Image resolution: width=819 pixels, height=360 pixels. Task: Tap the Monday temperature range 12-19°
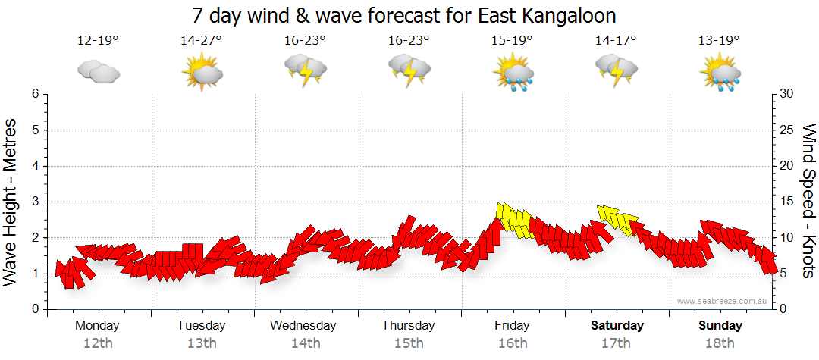click(98, 41)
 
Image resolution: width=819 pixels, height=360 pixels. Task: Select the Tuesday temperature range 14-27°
click(201, 41)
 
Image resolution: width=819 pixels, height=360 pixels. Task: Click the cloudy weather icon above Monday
click(98, 71)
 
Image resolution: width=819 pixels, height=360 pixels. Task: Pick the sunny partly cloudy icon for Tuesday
click(201, 73)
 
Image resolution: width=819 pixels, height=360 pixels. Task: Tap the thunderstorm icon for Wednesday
click(305, 71)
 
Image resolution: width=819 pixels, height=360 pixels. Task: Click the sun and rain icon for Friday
click(513, 72)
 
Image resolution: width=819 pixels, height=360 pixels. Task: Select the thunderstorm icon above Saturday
click(616, 71)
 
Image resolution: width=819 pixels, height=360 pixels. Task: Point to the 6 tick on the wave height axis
click(35, 94)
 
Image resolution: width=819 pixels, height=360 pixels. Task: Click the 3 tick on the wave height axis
click(35, 202)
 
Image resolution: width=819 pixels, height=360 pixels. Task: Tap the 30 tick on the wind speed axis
click(786, 94)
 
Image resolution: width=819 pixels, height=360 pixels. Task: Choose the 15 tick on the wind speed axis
click(786, 202)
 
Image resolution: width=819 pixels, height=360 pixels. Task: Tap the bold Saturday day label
click(617, 326)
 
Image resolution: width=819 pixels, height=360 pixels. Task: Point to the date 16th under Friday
click(513, 343)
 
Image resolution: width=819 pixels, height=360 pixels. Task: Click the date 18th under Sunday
click(720, 343)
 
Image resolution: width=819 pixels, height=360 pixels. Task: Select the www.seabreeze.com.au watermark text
click(723, 301)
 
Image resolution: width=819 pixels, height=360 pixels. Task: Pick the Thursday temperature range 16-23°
click(409, 41)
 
